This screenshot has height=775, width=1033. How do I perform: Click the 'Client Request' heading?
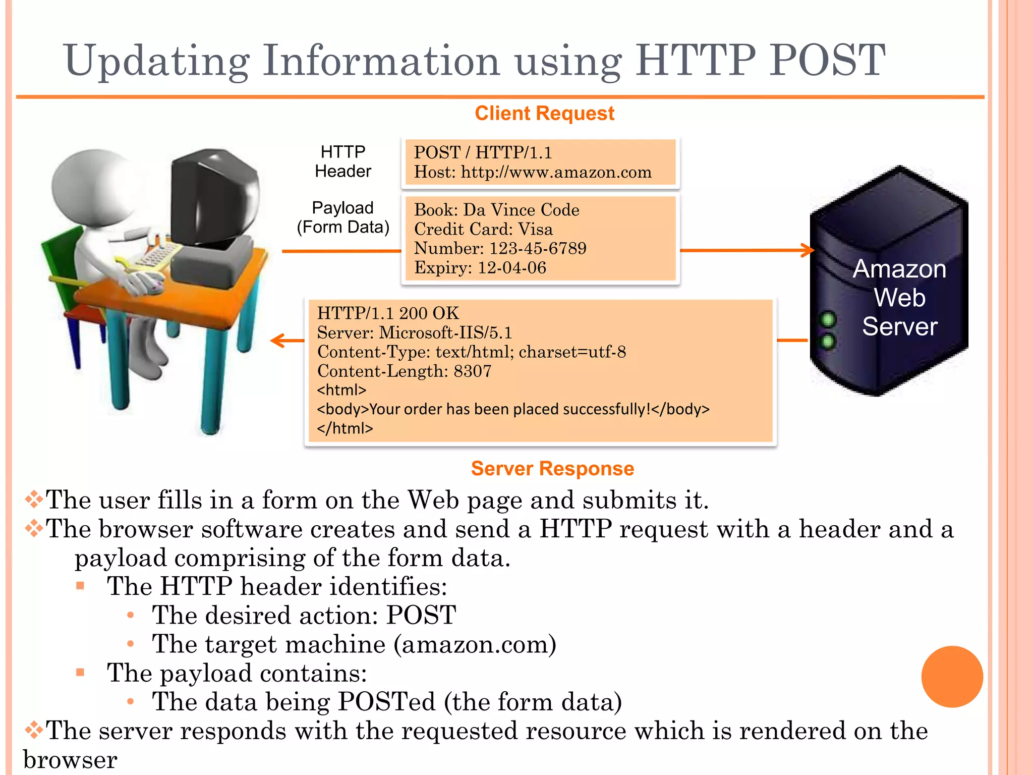point(544,114)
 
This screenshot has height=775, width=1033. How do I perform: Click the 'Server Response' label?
point(552,469)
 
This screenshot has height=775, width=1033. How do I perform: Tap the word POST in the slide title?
point(827,60)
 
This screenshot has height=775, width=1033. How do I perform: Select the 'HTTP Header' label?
point(343,161)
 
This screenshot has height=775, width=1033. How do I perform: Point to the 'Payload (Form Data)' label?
point(343,217)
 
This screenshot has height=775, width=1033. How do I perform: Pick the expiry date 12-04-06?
point(512,267)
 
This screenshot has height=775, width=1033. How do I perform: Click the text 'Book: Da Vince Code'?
point(497,210)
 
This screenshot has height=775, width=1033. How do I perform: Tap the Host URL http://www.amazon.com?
point(556,173)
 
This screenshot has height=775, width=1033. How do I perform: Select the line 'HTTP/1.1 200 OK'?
point(388,313)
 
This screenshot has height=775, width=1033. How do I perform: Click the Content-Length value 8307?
point(473,371)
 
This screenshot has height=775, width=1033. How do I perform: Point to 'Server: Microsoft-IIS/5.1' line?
point(415,333)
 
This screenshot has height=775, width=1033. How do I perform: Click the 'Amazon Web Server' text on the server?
point(899,298)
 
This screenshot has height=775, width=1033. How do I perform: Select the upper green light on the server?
point(828,319)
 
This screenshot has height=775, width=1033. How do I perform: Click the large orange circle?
point(952,677)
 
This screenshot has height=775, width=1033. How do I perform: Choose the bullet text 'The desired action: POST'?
point(304,615)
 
